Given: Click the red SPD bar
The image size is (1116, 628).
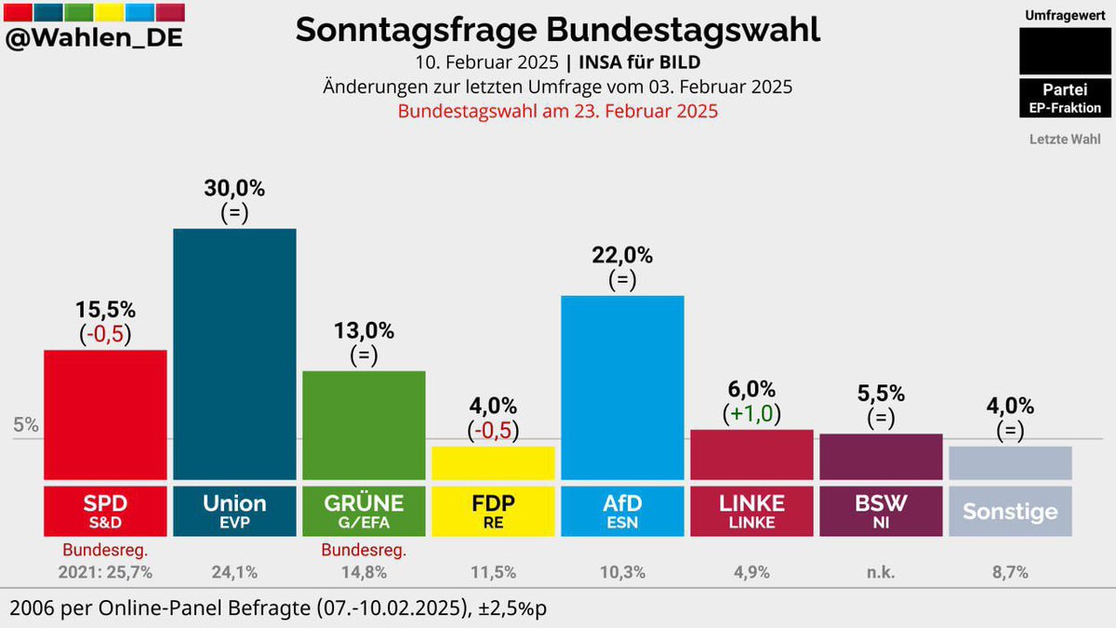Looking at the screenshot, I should pos(105,414).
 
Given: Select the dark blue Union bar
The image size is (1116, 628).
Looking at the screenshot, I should pos(234,354).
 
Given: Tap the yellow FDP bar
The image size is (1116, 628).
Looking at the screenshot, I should pos(493,462).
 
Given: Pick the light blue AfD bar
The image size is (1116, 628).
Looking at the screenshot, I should pos(622,386).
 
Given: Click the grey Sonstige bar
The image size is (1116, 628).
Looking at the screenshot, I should pos(1010,462).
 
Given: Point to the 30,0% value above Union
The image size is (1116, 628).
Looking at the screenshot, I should pos(234,188).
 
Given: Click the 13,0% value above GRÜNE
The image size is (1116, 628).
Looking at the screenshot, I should pos(364,330).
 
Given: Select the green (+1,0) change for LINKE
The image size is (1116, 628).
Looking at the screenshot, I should pos(751,413).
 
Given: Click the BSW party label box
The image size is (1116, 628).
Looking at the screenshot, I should pos(881,509).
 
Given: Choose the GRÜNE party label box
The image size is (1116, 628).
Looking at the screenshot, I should pos(364,509).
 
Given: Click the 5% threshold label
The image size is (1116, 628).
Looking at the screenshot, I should pos(26,426).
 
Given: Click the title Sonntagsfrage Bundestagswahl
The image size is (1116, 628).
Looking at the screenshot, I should pos(558,30).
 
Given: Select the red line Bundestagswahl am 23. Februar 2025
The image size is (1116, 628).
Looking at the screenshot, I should pos(558,111).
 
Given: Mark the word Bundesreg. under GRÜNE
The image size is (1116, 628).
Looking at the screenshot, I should pos(364,551).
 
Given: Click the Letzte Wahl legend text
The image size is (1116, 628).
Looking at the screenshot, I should pos(1065,140).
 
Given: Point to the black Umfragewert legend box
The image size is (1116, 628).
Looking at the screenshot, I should pos(1065,51).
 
